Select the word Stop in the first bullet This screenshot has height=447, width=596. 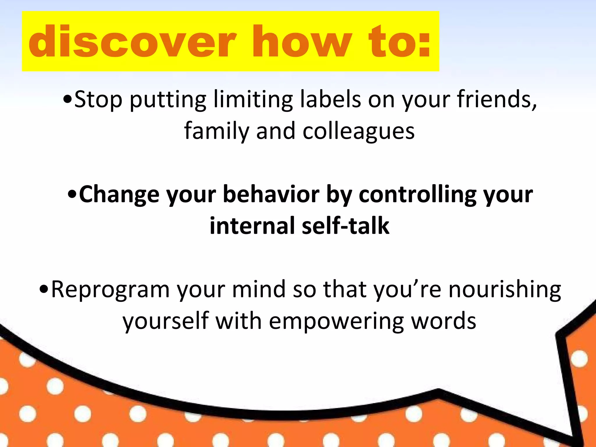[x=98, y=100]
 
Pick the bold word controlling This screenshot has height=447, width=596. [x=417, y=194]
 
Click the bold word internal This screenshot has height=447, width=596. [x=252, y=226]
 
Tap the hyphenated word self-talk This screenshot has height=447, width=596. [x=346, y=226]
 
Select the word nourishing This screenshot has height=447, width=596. [x=505, y=290]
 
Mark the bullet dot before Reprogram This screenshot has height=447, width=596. [x=44, y=290]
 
